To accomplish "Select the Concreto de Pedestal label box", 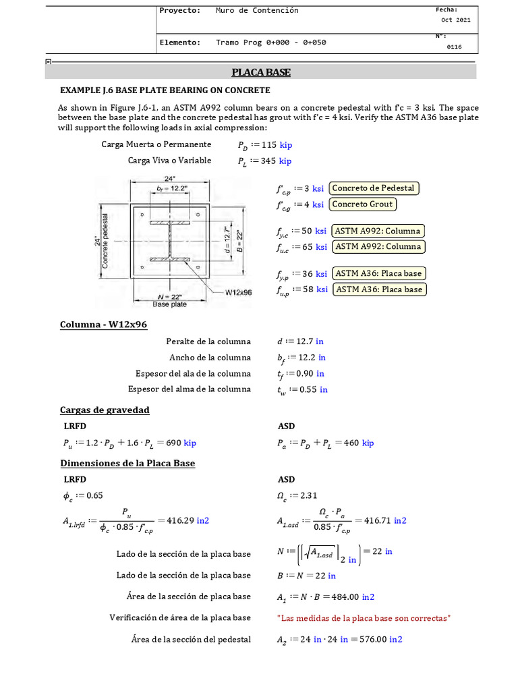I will pos(374,188).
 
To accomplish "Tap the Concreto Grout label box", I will pos(363,204).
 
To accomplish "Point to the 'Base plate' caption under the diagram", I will pos(169,304).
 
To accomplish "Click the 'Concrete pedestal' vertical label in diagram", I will pos(105,241).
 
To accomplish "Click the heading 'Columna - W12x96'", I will pos(103,325).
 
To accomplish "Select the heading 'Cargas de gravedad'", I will pos(105,410).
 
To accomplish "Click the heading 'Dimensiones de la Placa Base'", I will pos(127,464).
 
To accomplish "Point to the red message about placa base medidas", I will pos(364,617).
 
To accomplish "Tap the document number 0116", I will pos(455,47).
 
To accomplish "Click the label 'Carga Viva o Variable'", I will pos(169,161).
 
